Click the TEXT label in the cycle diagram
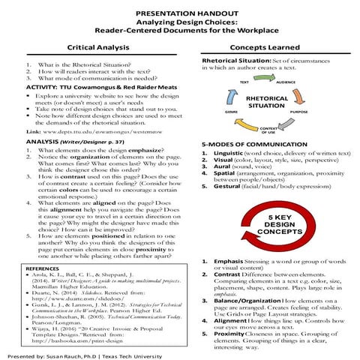(x=244, y=81)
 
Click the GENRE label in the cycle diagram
(x=229, y=110)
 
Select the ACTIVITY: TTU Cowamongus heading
(x=75, y=87)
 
